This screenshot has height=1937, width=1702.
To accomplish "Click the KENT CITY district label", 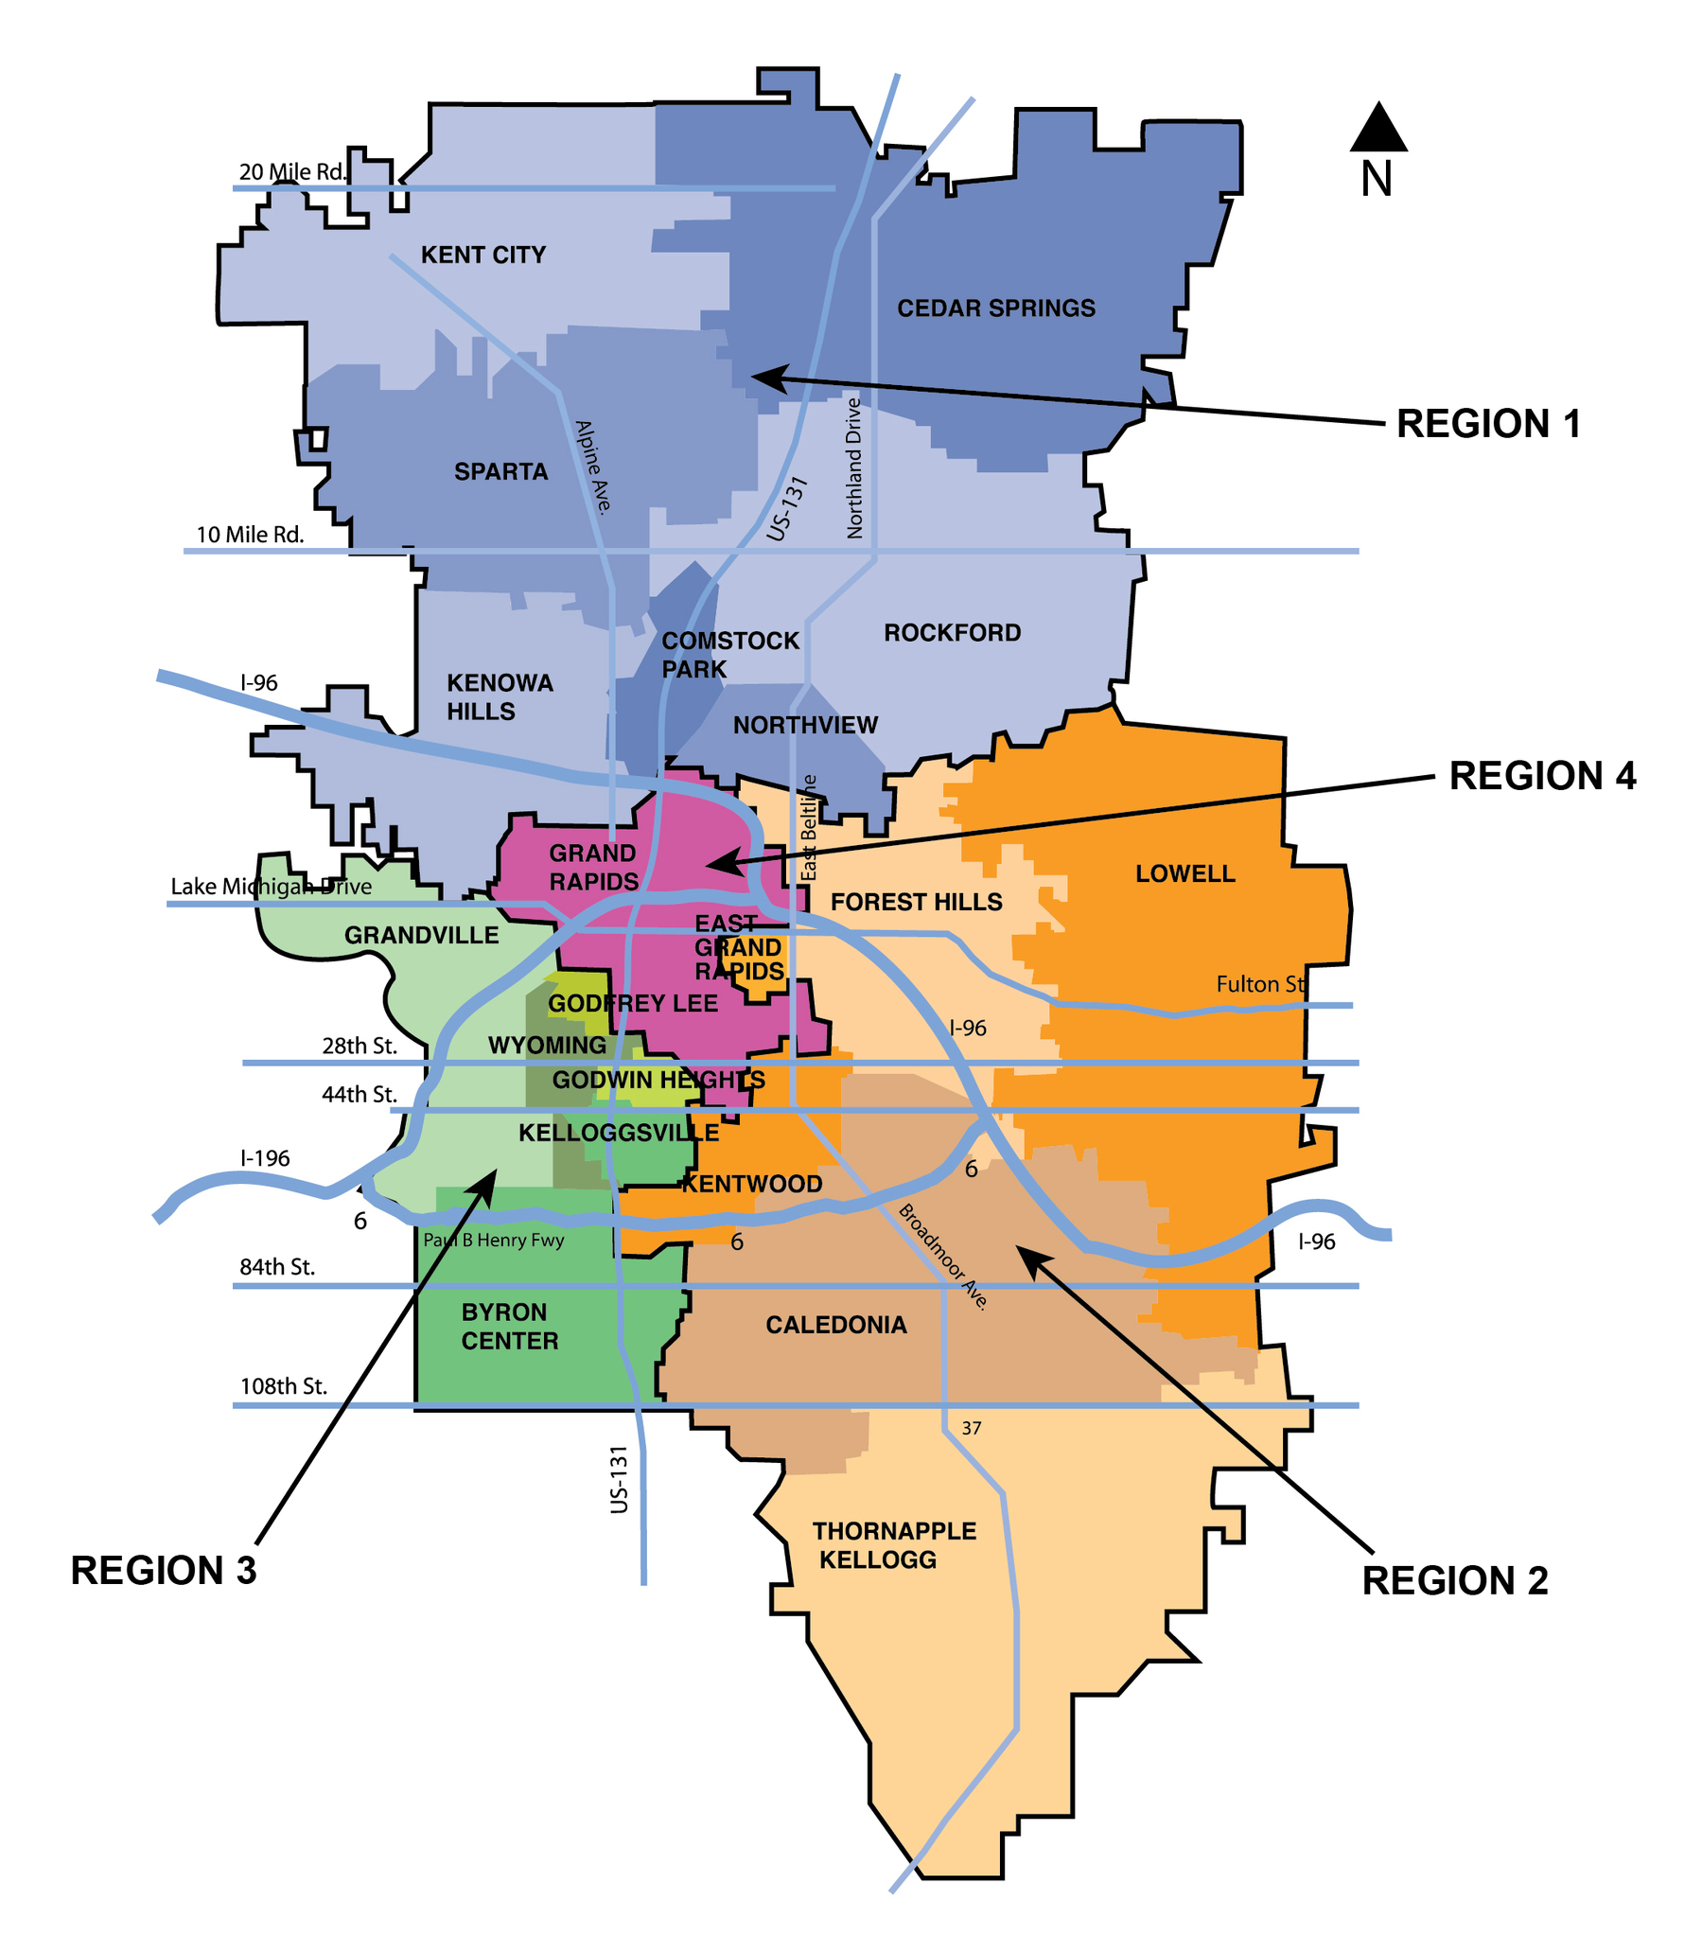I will click(x=483, y=255).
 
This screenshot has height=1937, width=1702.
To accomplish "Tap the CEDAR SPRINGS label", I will click(x=995, y=308).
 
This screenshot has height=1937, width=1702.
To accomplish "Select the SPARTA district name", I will click(x=500, y=472).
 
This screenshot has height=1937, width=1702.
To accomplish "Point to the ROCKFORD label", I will click(x=952, y=633).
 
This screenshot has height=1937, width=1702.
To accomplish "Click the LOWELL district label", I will click(x=1184, y=873).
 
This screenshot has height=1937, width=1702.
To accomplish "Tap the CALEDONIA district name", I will click(x=835, y=1325).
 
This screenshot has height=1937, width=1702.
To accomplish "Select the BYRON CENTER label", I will click(x=509, y=1327).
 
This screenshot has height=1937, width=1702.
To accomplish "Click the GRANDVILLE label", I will click(x=421, y=935).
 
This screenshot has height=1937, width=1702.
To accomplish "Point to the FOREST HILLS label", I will click(x=916, y=902).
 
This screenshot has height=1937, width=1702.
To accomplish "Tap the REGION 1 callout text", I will click(x=1488, y=424).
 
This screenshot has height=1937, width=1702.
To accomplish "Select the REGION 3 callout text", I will click(x=163, y=1570).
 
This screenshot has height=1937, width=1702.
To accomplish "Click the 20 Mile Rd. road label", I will click(x=293, y=172).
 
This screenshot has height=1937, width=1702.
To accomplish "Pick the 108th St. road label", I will click(x=283, y=1386).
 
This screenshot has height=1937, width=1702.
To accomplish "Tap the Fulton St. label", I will click(x=1260, y=985).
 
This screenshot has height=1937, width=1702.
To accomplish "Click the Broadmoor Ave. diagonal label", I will click(x=943, y=1257).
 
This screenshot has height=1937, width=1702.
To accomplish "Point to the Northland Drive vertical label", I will click(x=854, y=468).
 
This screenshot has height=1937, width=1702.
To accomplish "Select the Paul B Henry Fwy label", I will click(x=493, y=1241).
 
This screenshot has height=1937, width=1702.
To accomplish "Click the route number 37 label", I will click(x=972, y=1428).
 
